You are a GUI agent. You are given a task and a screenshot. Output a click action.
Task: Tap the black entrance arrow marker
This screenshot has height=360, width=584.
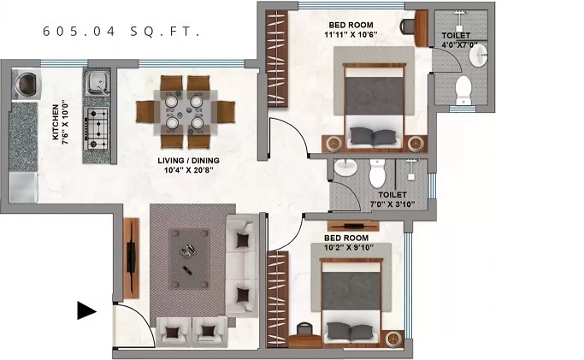point(87,310)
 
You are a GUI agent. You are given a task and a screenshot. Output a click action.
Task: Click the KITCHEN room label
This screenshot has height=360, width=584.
point(56,122)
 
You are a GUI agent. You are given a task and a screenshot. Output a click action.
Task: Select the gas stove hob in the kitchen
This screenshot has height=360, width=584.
point(97,128)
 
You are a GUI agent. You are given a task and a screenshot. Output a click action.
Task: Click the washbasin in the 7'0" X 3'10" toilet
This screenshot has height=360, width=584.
point(345,167)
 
